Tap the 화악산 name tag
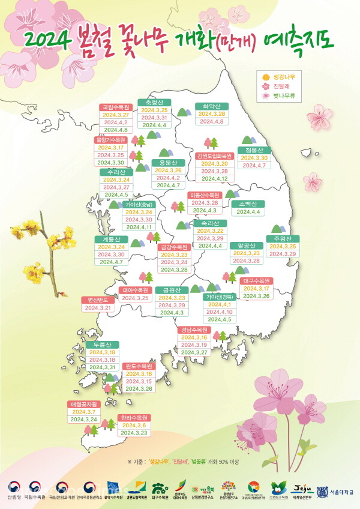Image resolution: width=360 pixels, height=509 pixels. click(211, 106)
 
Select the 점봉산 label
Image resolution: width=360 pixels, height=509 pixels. click(254, 150)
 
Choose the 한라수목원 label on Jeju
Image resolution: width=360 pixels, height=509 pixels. click(134, 417)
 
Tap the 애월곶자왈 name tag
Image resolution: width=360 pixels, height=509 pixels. click(83, 404)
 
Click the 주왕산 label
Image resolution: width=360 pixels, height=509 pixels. click(283, 239)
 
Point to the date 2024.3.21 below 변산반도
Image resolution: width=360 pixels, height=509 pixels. click(98, 308)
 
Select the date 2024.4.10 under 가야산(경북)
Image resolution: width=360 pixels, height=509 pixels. click(218, 312)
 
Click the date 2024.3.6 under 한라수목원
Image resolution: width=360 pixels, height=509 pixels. click(133, 425)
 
